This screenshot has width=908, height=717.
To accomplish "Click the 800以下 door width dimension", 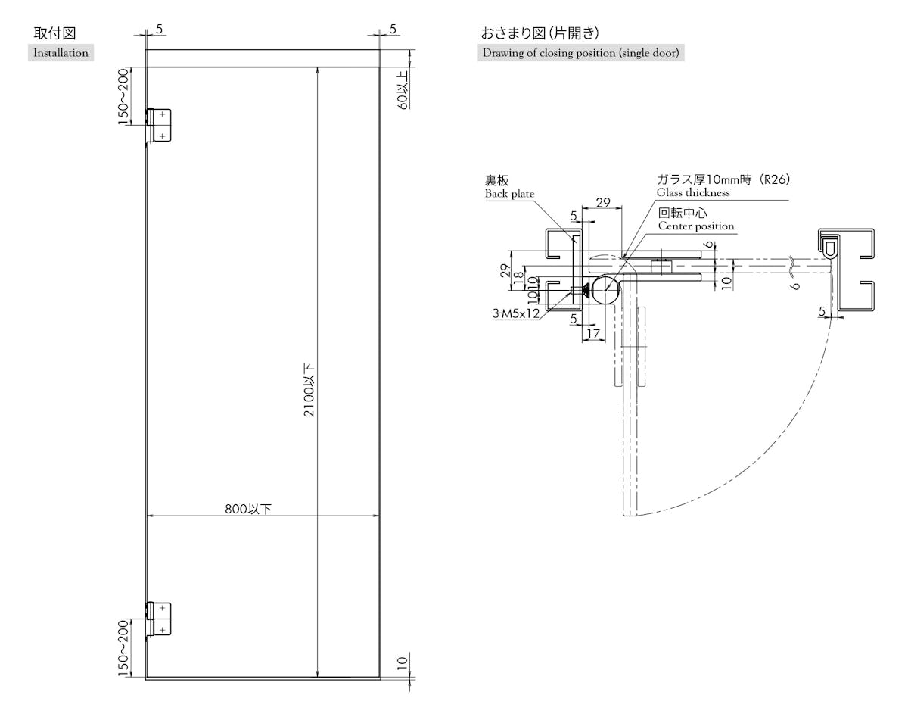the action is (248, 509).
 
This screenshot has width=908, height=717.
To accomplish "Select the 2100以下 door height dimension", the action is (309, 390).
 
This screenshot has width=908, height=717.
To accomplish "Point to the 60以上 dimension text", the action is (403, 90).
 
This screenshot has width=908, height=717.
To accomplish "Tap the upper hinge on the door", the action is (159, 125).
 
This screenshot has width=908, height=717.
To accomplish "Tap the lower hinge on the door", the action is (159, 619).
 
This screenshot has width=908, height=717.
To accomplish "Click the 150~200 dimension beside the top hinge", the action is (123, 97).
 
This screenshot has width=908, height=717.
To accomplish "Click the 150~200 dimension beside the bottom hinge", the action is (123, 648).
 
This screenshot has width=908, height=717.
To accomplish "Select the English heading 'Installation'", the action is (61, 53).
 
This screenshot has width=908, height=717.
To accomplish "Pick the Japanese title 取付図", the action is (54, 33).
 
